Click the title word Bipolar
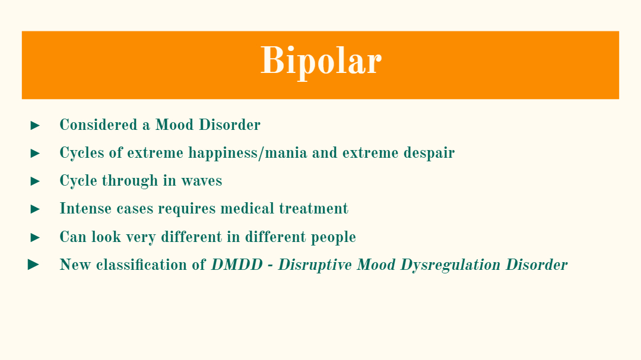[321, 61]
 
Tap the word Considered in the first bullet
[99, 125]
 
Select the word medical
[247, 208]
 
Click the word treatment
[313, 208]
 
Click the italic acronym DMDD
[237, 265]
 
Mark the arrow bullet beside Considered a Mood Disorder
[35, 126]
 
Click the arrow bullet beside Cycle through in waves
[35, 181]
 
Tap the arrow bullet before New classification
[33, 265]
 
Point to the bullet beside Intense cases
[35, 209]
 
